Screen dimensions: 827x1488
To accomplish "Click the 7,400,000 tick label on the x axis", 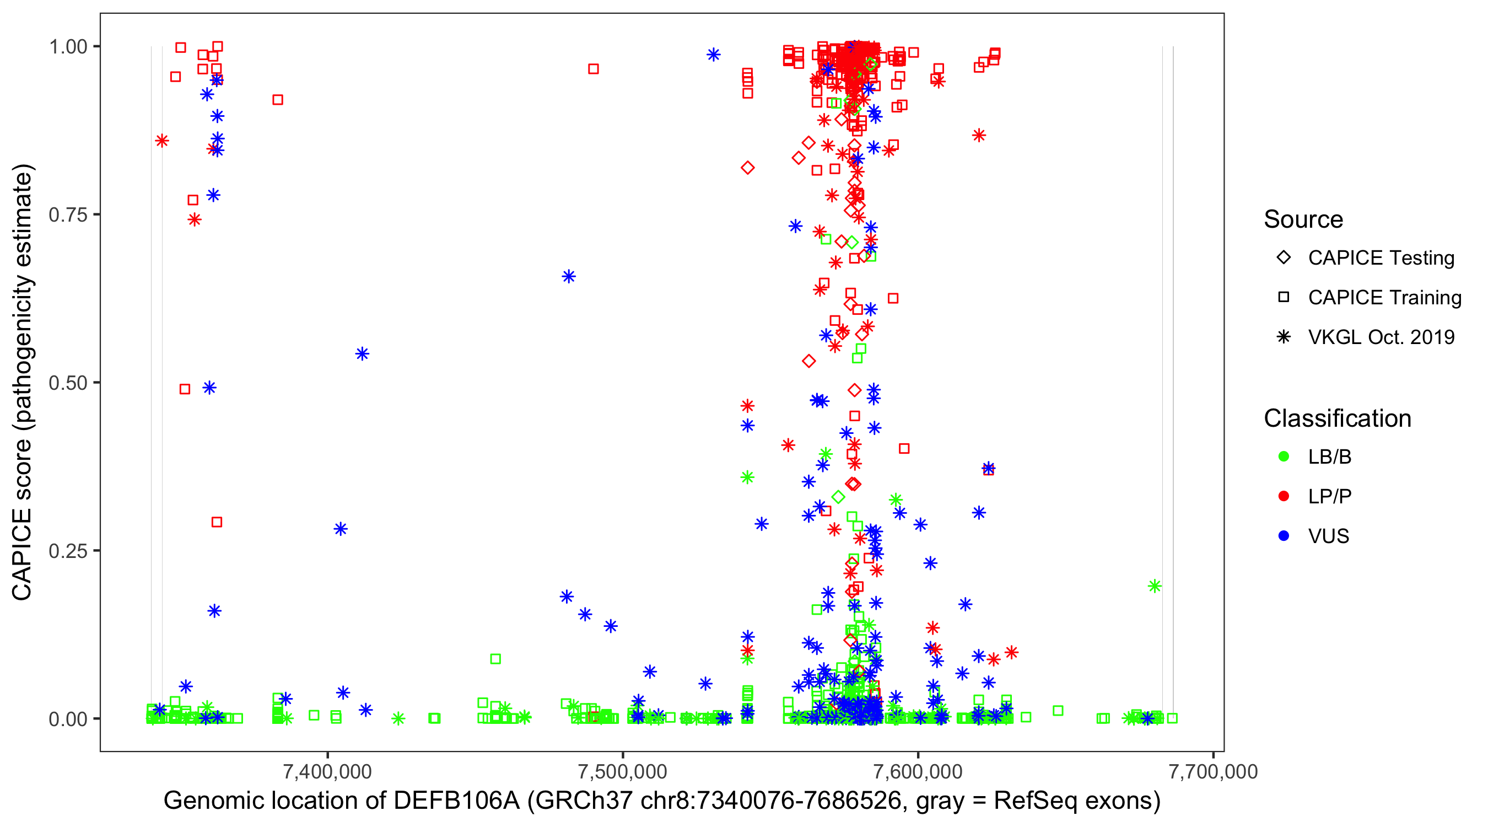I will pos(327,771).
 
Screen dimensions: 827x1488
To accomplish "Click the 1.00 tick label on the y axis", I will pos(68,47).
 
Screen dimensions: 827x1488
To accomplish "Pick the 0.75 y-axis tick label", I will pos(68,215).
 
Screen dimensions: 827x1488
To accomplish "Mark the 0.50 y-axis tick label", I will pos(68,383).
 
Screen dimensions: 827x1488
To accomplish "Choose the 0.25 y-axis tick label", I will pos(68,551).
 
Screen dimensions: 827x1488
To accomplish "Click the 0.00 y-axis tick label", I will pos(68,719).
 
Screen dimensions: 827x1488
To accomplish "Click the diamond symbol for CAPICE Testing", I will pos(1284,258).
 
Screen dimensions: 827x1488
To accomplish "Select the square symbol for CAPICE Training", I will pos(1284,298).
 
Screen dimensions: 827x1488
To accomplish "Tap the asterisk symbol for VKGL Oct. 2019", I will pos(1284,337).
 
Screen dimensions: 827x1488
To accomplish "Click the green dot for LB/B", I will pos(1284,457).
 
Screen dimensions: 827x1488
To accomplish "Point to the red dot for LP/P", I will pos(1284,496).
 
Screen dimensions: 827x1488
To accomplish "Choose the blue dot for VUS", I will pos(1284,536).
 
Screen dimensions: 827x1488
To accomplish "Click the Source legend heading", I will pos(1303,219).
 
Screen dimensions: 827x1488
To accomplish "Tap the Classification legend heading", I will pos(1337,418).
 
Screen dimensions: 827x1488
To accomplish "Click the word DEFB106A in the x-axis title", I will pos(456,801).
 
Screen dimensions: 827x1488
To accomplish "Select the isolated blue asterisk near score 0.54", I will pos(362,354).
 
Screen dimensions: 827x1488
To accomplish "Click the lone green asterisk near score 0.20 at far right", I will pos(1154,586).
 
